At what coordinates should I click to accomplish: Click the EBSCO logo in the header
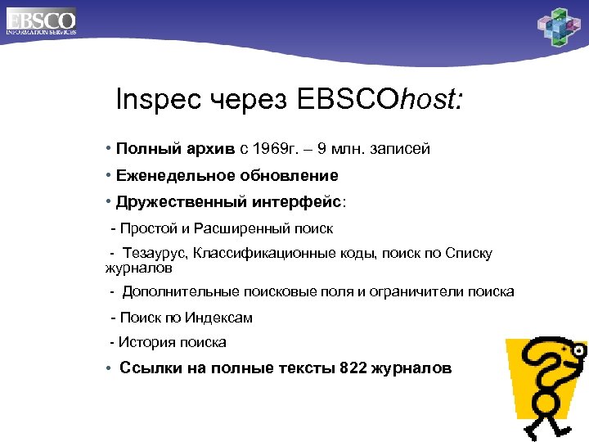pos(40,20)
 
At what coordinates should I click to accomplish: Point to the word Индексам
pos(221,318)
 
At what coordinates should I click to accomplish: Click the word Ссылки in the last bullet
pos(147,368)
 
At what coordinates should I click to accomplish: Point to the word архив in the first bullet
pos(212,149)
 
